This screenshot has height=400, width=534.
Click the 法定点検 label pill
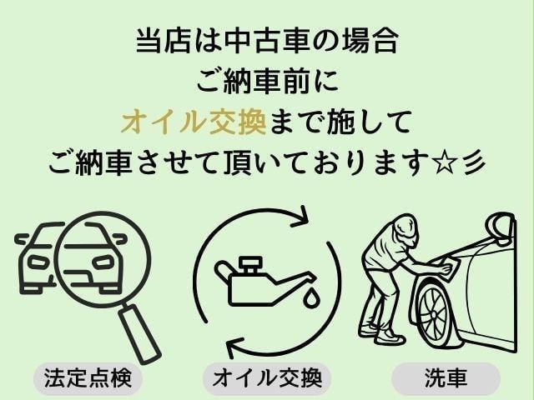[x=88, y=378]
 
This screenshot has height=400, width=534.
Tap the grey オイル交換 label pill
[x=267, y=378]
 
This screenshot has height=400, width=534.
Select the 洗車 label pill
[x=446, y=378]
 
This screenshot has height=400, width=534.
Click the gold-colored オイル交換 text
[x=194, y=122]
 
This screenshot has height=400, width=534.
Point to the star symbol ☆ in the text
[x=445, y=163]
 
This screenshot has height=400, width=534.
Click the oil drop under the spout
[x=310, y=297]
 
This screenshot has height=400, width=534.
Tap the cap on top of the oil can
[x=250, y=264]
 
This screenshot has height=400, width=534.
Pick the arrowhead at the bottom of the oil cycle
[x=236, y=347]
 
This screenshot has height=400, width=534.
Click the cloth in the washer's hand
[x=450, y=266]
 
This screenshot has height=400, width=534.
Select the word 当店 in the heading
[x=163, y=41]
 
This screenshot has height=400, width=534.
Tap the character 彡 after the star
[x=475, y=163]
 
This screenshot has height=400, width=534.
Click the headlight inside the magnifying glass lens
[x=104, y=262]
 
